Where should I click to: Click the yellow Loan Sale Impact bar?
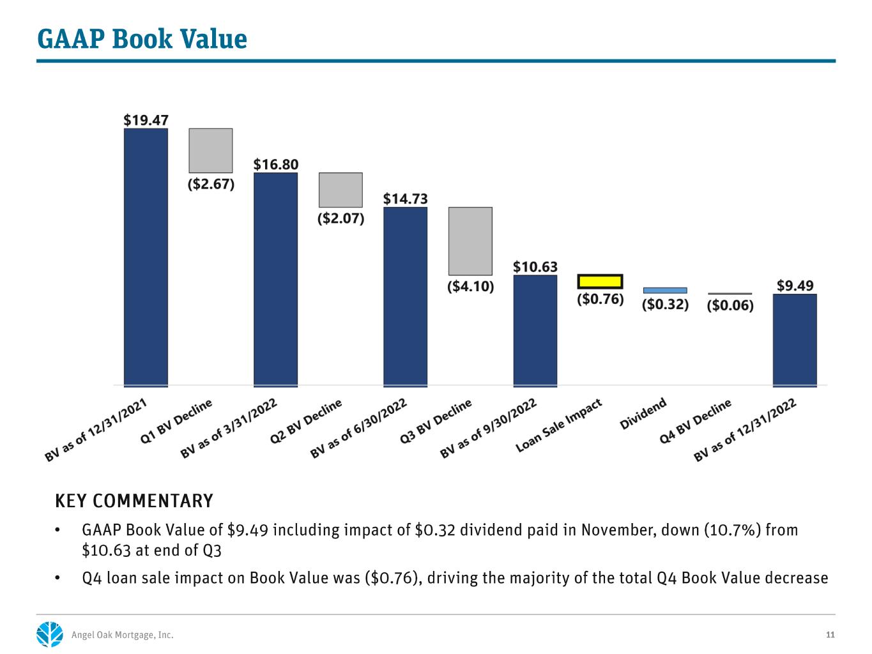click(599, 282)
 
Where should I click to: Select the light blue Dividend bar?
click(664, 290)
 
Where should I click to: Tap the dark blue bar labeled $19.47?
click(146, 257)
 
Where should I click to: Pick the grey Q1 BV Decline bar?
click(211, 151)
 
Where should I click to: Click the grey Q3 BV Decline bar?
click(470, 241)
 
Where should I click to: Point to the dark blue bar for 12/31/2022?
click(795, 340)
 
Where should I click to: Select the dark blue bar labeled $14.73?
click(405, 297)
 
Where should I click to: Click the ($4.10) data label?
click(470, 286)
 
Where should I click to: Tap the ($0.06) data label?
click(730, 305)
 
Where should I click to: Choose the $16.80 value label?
click(276, 164)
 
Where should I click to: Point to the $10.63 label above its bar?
click(535, 266)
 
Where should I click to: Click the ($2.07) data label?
click(340, 218)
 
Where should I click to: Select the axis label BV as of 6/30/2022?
click(358, 428)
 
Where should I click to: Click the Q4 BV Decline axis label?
click(695, 421)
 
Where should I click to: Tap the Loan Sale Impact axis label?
click(558, 425)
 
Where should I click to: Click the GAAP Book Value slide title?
click(142, 40)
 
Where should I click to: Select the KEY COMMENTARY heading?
click(134, 501)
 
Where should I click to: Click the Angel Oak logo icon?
click(50, 634)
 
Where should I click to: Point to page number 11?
click(830, 635)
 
